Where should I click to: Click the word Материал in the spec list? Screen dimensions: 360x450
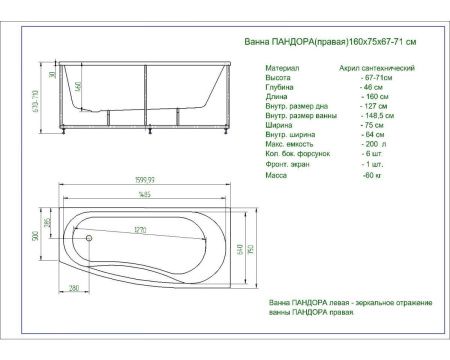282,68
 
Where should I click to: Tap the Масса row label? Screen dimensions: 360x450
277,175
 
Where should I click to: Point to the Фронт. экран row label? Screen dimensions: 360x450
288,165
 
